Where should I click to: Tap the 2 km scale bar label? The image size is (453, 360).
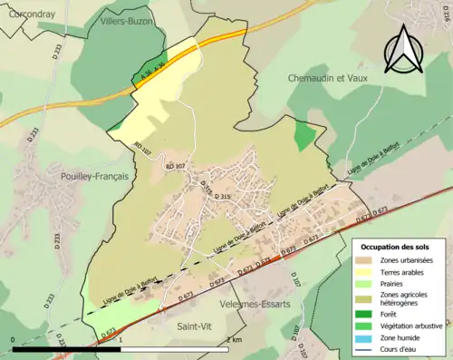point(234,339)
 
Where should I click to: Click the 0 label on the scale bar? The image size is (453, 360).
point(14,339)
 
